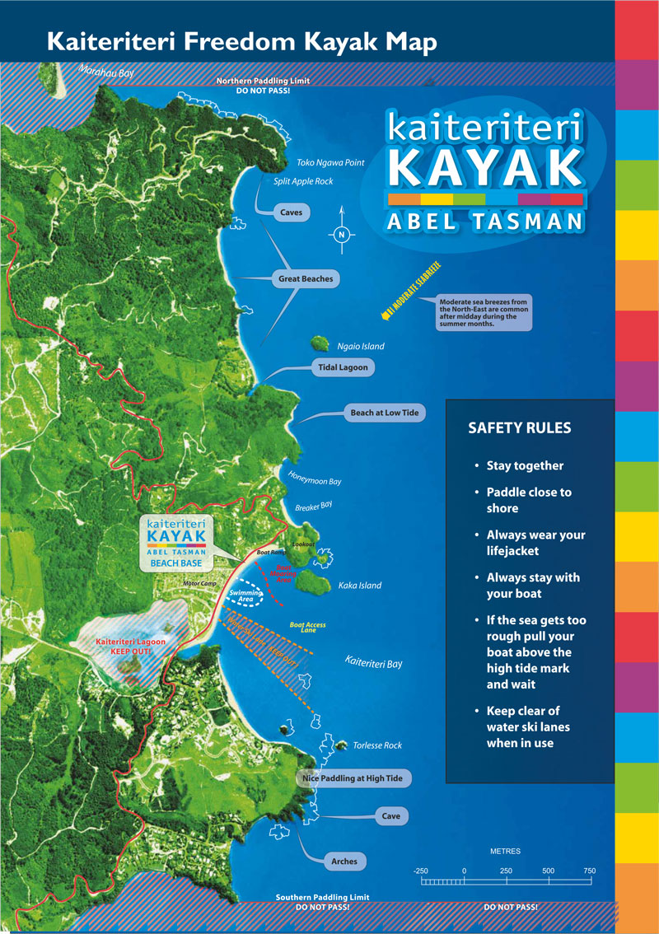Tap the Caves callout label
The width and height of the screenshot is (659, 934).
291,212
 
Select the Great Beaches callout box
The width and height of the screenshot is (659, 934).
306,279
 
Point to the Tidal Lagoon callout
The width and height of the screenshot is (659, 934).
343,367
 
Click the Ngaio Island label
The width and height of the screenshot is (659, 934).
361,347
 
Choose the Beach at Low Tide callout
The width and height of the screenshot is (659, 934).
385,413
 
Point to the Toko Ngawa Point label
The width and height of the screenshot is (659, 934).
330,163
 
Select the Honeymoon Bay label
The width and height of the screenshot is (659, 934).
314,479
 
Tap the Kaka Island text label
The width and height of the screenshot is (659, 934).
360,586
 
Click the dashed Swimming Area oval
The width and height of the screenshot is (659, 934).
245,595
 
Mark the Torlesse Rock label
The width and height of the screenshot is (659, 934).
377,745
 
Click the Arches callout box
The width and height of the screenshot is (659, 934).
344,862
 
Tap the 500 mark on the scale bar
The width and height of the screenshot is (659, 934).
548,871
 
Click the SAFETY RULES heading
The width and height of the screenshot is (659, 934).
519,428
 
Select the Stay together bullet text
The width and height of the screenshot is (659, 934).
525,465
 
